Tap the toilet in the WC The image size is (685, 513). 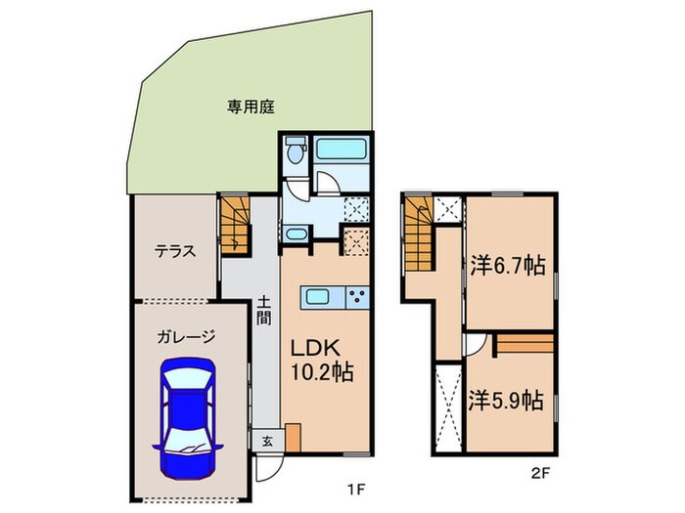296,153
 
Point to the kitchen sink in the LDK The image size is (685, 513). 320,297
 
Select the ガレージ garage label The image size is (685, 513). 185,336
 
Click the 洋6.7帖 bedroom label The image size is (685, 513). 506,264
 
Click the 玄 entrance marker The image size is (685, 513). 266,440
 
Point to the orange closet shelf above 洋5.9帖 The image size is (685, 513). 525,345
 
